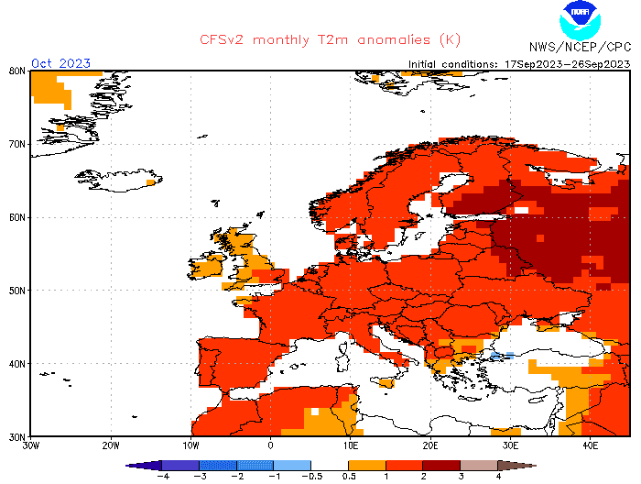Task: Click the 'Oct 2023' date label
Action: pos(60,63)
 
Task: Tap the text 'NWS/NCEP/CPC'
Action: pos(580,46)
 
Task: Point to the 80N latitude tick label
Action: pos(16,71)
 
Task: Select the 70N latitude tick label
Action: pos(16,144)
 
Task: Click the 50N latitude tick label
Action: pos(16,290)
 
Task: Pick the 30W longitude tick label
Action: pos(30,445)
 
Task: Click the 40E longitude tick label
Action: pos(591,445)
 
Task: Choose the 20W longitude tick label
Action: pos(110,445)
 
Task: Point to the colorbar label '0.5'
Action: pos(349,477)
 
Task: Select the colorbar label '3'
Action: pos(461,477)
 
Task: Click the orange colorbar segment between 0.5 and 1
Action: pos(367,466)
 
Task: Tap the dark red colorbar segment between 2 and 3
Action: pos(441,466)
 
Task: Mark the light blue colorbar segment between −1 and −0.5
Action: pos(292,466)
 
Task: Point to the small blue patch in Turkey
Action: pos(501,355)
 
